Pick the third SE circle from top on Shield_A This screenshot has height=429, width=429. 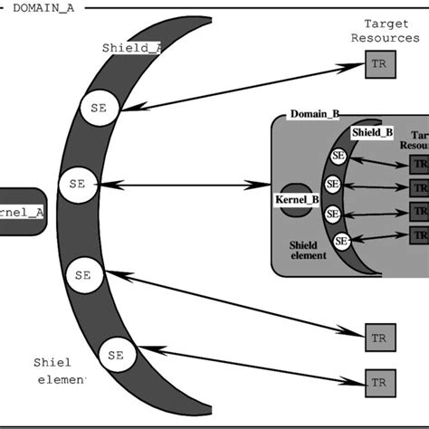83,273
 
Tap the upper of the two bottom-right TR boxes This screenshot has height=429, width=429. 378,337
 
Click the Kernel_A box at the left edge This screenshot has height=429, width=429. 21,212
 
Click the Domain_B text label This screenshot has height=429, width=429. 314,114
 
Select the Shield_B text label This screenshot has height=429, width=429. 372,132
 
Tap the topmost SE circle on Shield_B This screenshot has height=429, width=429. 338,155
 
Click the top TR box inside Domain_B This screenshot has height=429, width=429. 419,165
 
